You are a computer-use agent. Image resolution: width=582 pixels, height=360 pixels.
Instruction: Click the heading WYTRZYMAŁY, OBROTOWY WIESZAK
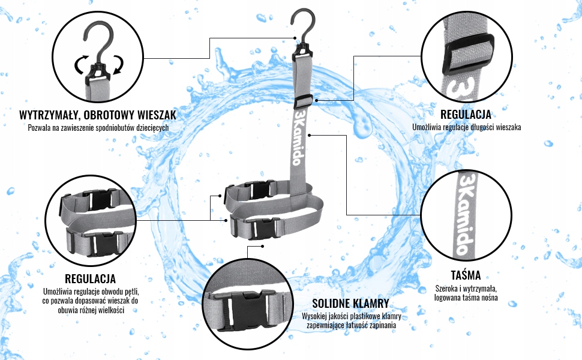point(98,114)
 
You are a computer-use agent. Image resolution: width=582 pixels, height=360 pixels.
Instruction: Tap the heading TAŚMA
point(466,275)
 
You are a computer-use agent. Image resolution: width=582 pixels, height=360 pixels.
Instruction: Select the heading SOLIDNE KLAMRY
point(351,303)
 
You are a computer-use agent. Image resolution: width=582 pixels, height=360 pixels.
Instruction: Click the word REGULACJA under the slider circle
point(466,114)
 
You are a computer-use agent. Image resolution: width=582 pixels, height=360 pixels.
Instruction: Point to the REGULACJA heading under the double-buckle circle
point(90,278)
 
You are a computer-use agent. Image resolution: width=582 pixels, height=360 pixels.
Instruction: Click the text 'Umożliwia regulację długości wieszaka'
point(466,127)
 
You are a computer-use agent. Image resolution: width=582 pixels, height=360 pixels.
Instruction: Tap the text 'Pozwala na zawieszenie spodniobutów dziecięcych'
point(98,127)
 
